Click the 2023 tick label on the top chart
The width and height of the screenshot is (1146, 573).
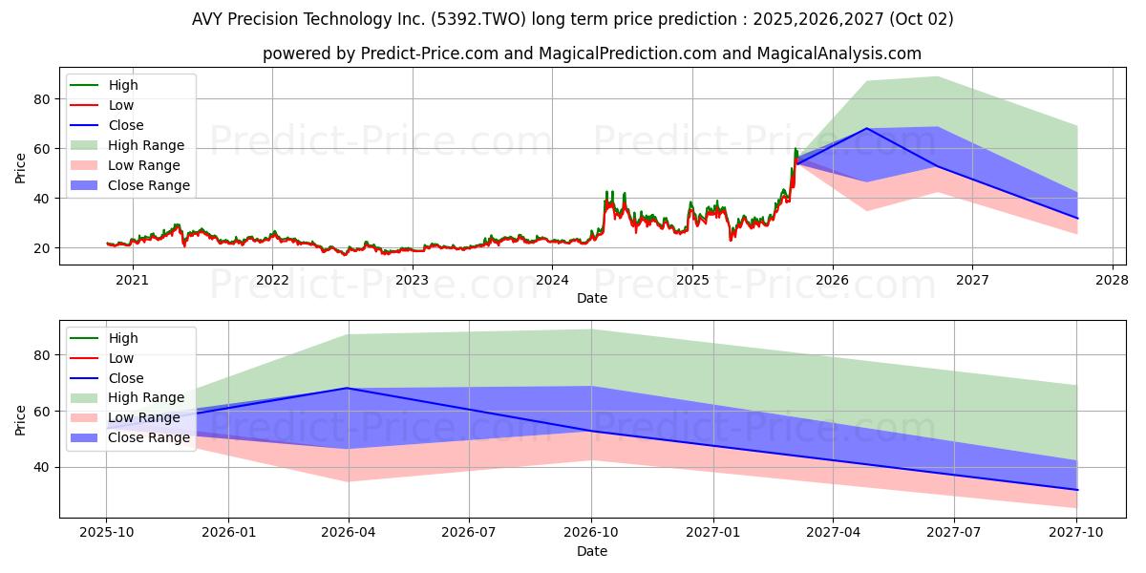[x=412, y=280]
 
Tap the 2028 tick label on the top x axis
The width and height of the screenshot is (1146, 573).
[x=1112, y=280]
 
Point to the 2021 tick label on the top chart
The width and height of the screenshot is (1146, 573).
[x=132, y=280]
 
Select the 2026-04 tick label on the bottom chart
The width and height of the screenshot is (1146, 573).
[x=349, y=533]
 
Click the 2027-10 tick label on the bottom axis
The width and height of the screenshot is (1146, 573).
[x=1077, y=533]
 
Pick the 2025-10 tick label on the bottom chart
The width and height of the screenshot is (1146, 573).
[x=106, y=533]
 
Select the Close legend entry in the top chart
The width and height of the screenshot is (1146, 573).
[x=126, y=125]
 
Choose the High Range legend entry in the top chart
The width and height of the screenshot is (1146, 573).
[x=146, y=145]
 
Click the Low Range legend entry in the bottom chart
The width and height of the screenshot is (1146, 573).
[x=145, y=417]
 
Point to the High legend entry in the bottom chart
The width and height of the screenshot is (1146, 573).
[x=123, y=338]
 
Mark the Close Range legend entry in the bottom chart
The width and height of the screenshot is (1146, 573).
[x=149, y=437]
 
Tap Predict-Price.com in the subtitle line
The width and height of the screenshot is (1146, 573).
[x=429, y=54]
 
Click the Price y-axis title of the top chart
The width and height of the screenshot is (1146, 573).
[x=21, y=168]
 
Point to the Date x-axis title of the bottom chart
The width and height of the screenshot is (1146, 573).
[x=592, y=551]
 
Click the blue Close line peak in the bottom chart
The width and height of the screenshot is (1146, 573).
[x=349, y=388]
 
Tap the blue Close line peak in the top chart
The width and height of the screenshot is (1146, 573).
[x=867, y=128]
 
